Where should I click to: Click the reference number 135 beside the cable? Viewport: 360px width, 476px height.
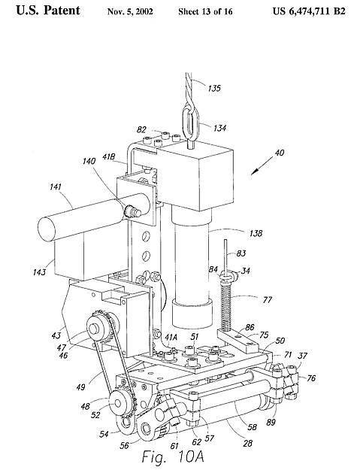(214, 88)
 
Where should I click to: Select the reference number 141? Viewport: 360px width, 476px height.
(55, 186)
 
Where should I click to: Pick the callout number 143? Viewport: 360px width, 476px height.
(39, 271)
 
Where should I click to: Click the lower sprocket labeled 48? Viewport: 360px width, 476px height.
(118, 403)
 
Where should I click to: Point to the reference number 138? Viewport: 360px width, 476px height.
(256, 233)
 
